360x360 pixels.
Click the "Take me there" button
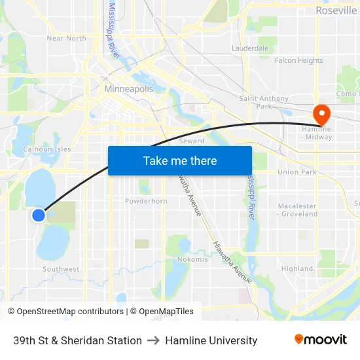point(180,160)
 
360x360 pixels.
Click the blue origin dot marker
point(39,215)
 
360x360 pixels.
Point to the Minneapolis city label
point(128,88)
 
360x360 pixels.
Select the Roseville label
point(336,10)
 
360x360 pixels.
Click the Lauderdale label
point(250,48)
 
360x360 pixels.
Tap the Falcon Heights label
point(298,60)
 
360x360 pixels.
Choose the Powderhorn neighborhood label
point(146,201)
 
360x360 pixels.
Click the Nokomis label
point(192,259)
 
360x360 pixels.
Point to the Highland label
point(297,268)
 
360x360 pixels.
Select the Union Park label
point(297,172)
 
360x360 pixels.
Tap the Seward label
point(192,141)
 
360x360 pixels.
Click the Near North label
point(66,38)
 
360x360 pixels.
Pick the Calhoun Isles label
point(47,149)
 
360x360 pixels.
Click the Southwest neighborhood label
point(61,269)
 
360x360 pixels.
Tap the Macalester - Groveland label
point(298,209)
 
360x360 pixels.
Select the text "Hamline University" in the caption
point(211,340)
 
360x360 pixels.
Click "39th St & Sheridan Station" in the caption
point(77,340)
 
